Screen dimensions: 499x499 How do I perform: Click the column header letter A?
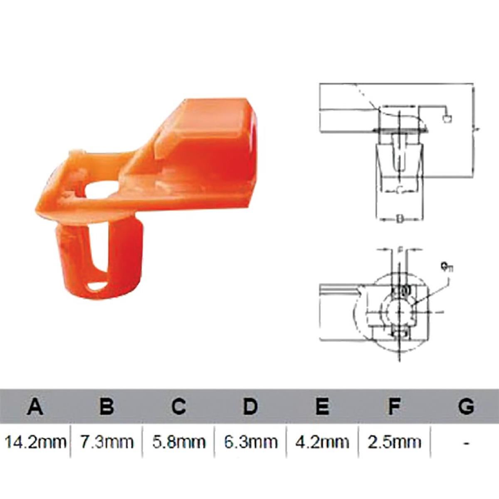[35, 406]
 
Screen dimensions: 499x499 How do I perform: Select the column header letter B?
[106, 406]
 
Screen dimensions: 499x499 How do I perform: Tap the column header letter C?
[178, 406]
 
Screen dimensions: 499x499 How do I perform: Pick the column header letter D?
[250, 406]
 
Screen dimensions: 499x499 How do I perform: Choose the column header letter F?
[394, 406]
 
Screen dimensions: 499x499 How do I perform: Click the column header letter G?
[466, 406]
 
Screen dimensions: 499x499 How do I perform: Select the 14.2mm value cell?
[35, 442]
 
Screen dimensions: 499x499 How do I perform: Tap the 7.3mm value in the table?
[107, 442]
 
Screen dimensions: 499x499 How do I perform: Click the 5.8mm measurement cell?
[179, 442]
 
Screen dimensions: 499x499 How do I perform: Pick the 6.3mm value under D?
[250, 442]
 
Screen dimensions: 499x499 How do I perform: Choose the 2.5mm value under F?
[394, 442]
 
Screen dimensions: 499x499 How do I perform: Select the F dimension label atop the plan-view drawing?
[399, 249]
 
